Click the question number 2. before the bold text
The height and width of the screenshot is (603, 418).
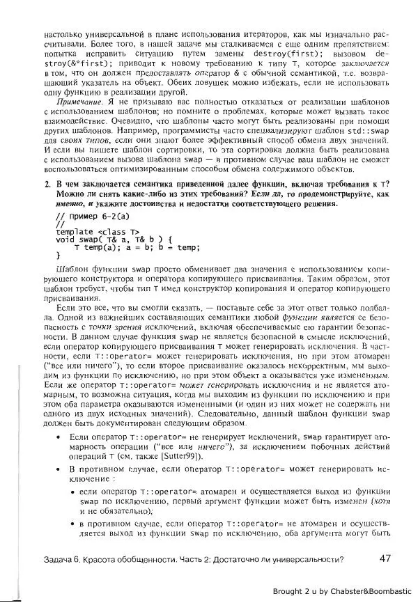coord(47,184)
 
